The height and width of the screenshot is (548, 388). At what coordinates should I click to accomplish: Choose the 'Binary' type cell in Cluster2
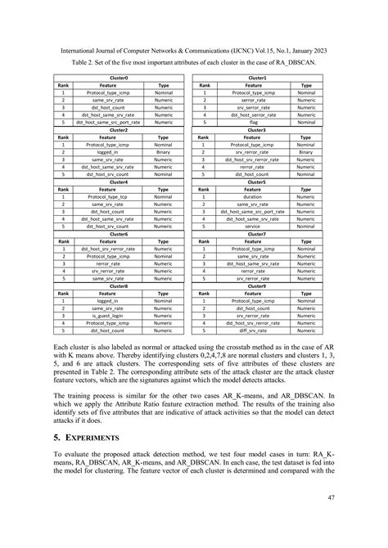click(163, 152)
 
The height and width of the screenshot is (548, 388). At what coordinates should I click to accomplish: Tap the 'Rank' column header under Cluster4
click(63, 189)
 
